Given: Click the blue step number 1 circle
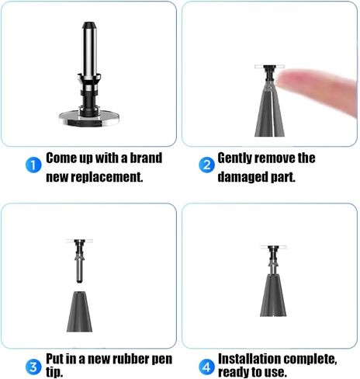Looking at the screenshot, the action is pos(33,165).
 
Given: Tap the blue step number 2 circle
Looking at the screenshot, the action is pos(206,165).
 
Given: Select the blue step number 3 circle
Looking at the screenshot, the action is pos(33,367).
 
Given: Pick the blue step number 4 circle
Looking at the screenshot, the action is pos(206,367).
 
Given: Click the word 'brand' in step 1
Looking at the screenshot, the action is pos(146,158).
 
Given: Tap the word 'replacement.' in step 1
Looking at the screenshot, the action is pos(107,177).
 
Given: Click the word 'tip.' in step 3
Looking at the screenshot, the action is pos(54,373).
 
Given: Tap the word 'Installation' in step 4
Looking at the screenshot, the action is pos(249,359).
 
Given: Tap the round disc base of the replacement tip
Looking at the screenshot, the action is pos(89,118).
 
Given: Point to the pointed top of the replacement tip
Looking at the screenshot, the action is pos(89,25).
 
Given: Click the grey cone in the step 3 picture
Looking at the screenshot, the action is pos(79,311).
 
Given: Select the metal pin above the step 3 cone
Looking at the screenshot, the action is pos(79,261).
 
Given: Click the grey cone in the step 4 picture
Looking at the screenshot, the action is pos(273,295).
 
